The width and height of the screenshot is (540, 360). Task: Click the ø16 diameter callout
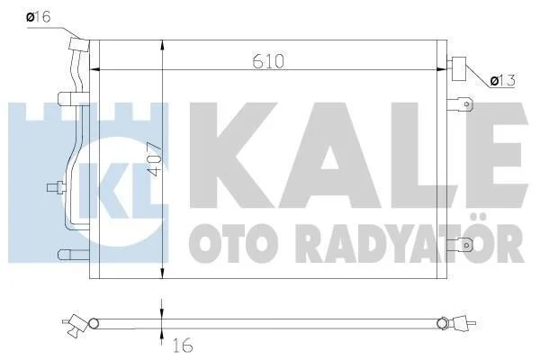coord(39,16)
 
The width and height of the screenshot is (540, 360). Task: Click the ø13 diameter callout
coord(503,81)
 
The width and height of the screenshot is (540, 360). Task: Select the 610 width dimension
coord(268,61)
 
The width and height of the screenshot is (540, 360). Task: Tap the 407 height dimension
coord(155,160)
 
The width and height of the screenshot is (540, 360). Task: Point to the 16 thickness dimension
coord(183,346)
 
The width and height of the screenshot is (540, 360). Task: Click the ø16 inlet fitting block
coord(79,44)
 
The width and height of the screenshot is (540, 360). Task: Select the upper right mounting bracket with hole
coord(460,104)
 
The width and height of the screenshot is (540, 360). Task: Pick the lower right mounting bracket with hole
coord(460,246)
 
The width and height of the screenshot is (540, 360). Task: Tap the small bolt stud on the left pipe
coord(56,187)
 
